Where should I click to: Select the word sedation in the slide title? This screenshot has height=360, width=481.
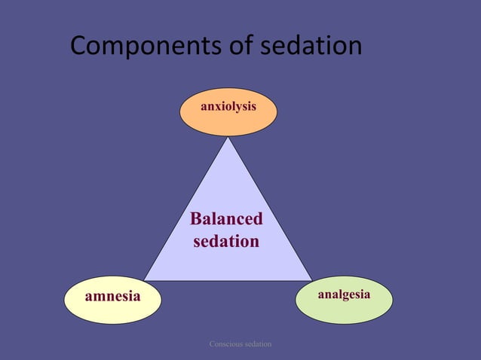click(311, 47)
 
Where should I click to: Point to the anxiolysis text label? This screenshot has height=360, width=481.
click(228, 107)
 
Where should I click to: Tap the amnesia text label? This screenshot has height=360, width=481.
click(113, 296)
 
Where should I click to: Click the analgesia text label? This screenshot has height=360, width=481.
click(344, 294)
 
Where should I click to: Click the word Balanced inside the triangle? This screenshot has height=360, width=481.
click(226, 219)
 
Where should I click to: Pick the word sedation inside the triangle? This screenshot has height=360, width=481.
click(226, 242)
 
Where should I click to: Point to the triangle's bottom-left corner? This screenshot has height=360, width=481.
click(145, 280)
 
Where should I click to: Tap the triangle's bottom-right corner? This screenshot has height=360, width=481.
click(311, 280)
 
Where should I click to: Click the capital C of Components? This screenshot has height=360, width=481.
click(79, 47)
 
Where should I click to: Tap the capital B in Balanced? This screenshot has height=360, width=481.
click(196, 219)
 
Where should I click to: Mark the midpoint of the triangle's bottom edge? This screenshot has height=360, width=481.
click(228, 280)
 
